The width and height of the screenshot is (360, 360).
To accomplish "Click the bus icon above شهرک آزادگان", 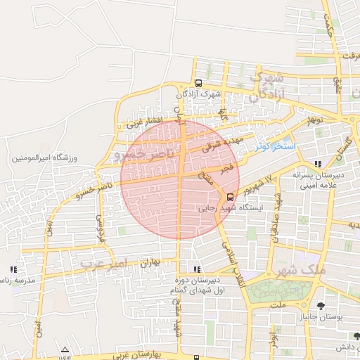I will (199, 82).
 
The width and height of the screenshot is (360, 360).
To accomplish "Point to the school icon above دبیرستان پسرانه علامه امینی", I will (319, 163).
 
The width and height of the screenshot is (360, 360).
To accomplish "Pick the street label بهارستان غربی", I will (154, 351).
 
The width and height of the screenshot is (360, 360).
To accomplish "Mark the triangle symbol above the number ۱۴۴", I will (65, 349).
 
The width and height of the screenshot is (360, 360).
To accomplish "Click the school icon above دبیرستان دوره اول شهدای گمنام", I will (196, 269).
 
